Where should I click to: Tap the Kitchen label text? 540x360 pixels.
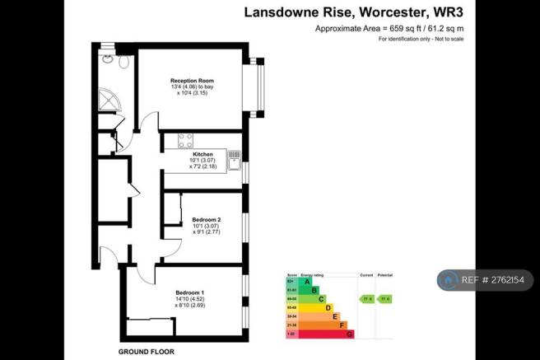click(202, 154)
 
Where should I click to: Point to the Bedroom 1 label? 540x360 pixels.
click(190, 293)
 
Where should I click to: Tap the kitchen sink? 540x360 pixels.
click(235, 154)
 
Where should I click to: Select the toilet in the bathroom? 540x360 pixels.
click(123, 62)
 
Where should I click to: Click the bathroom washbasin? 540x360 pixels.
click(107, 58)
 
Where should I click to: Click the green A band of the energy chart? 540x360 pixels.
click(309, 282)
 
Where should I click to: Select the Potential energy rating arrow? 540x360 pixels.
click(384, 298)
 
